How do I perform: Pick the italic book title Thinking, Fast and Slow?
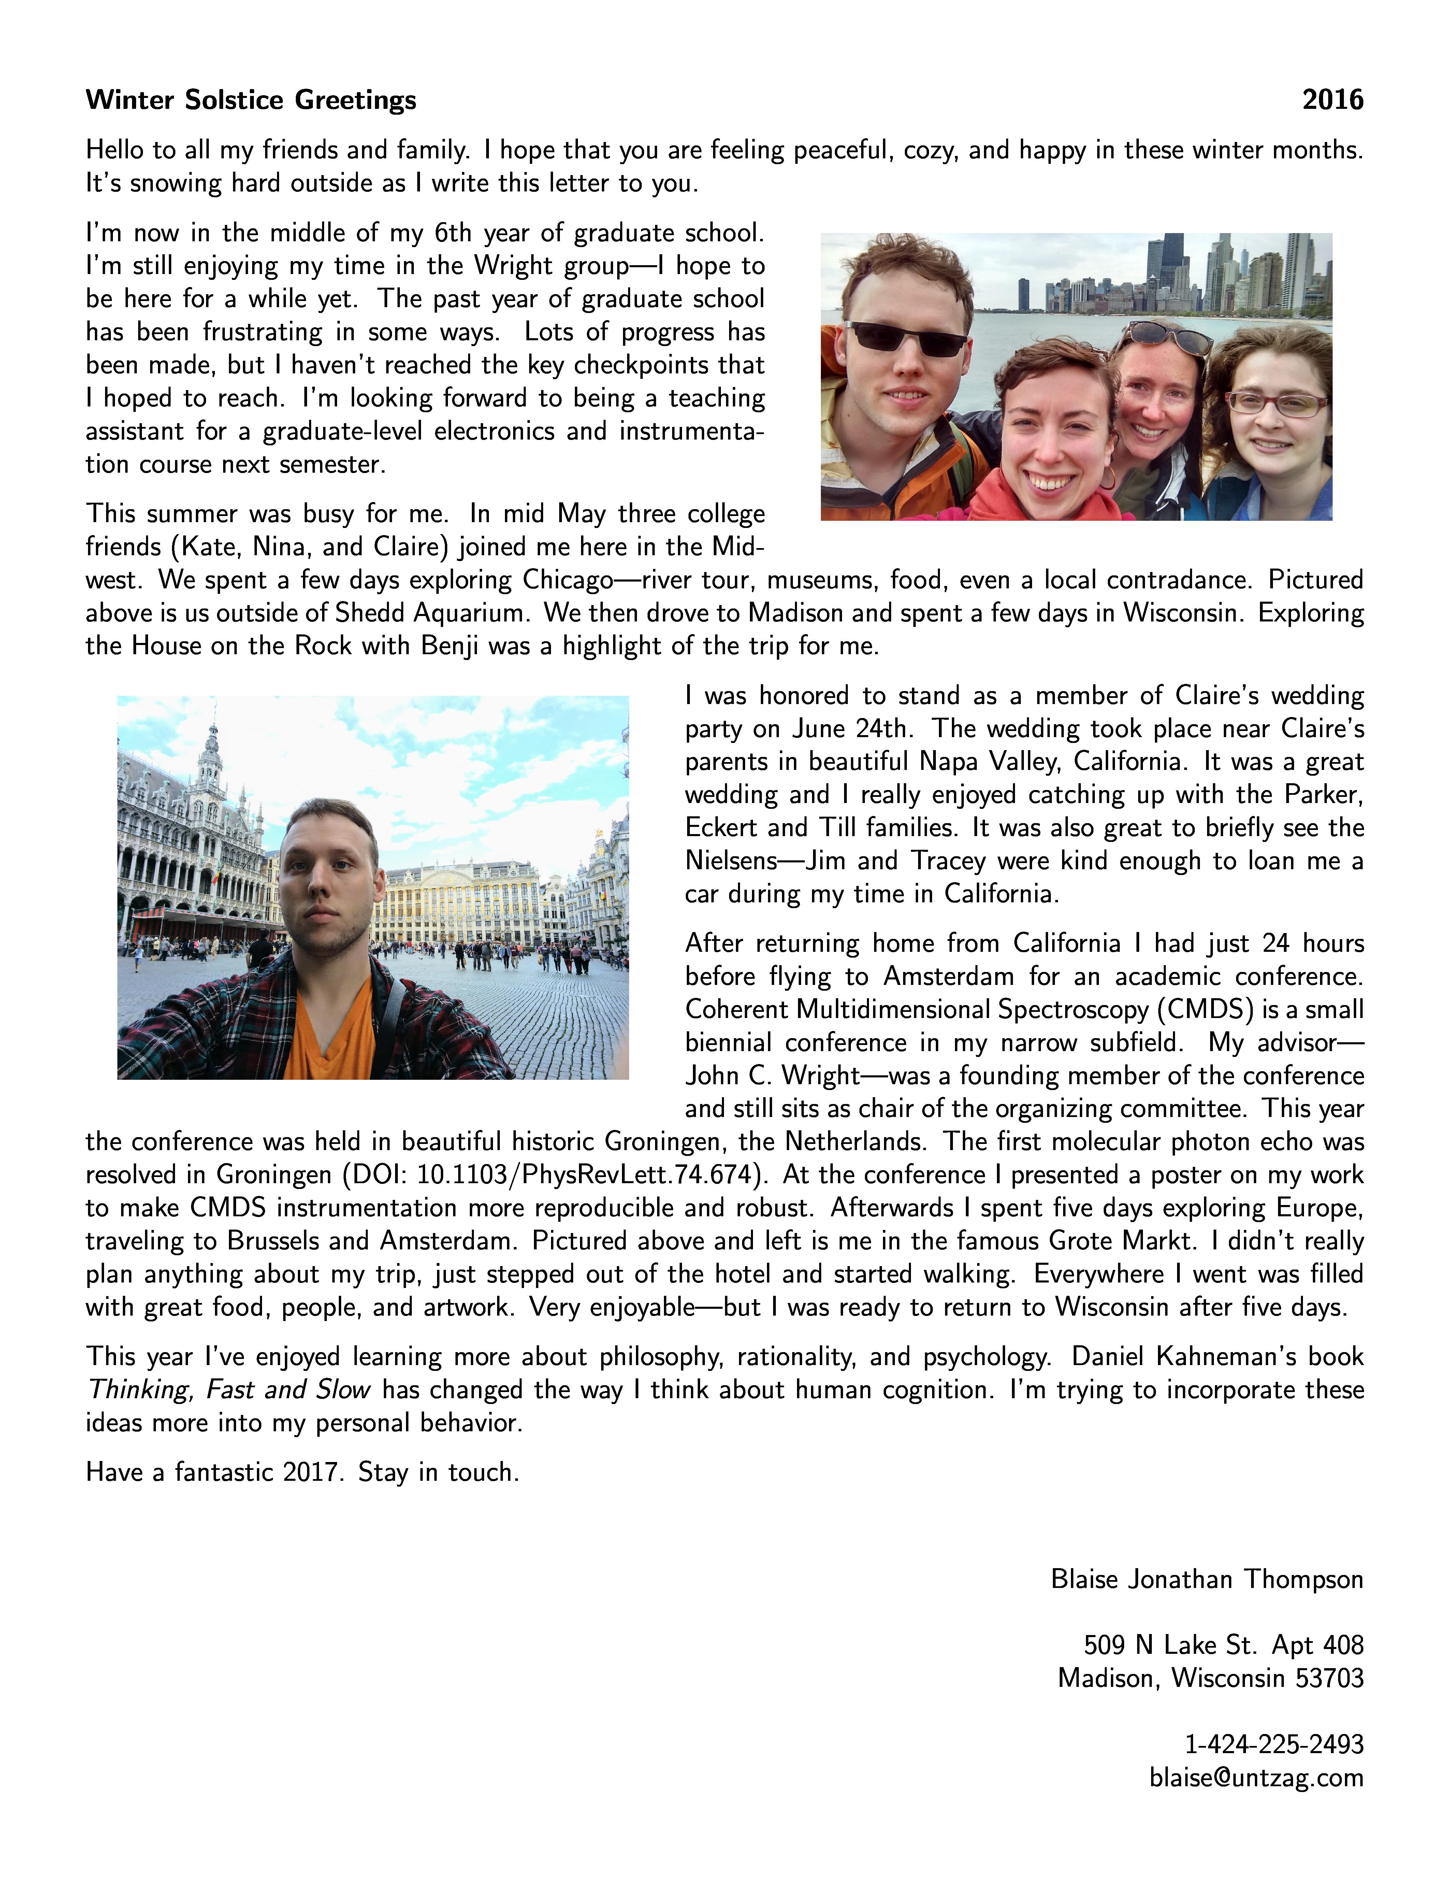coord(229,1390)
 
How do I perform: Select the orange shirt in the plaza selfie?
coord(329,1031)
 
